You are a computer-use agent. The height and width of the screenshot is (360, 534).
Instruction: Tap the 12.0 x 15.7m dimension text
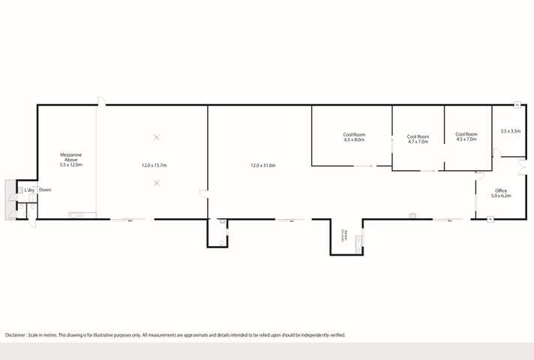pos(154,165)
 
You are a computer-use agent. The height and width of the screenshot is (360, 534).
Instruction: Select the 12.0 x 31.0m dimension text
pos(262,165)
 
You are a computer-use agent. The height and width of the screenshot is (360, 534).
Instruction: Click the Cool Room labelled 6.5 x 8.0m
pos(354,137)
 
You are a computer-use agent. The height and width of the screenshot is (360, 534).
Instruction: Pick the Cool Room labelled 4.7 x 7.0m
pos(418,139)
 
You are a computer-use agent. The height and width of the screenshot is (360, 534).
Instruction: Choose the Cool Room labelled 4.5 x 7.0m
pos(466,137)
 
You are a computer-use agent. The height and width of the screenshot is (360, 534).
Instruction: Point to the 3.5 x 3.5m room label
pos(510,131)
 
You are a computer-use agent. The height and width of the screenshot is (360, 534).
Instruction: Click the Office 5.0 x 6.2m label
pos(501,193)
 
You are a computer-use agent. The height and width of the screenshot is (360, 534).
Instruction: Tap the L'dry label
pos(28,190)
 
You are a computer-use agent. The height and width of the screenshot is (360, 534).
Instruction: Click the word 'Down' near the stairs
pos(45,190)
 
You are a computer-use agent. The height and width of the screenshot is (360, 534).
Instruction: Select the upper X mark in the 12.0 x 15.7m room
pos(157,137)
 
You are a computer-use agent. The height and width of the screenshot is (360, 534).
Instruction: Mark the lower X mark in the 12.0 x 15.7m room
pos(157,183)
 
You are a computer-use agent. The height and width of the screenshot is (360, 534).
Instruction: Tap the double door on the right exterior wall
pos(522,166)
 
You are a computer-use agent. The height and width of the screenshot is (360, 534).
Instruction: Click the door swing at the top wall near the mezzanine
pos(101,101)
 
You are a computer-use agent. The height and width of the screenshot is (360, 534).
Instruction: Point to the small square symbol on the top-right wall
pos(517,105)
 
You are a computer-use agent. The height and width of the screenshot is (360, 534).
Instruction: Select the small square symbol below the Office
pos(489,219)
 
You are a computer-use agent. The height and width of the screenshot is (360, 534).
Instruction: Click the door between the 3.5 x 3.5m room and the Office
pos(496,154)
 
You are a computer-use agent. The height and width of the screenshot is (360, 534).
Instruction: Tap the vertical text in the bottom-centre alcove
pos(343,237)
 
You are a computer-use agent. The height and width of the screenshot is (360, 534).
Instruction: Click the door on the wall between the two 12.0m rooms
pos(203,193)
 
